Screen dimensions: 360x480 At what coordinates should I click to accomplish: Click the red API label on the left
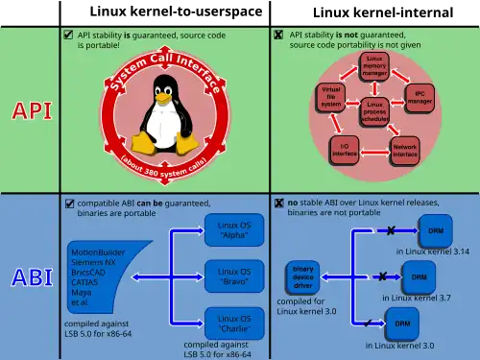coord(32,110)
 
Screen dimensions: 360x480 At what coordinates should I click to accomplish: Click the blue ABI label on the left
coord(32,277)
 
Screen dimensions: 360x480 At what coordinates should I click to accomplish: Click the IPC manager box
coord(419,96)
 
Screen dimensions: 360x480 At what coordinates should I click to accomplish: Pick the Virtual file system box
coord(329,96)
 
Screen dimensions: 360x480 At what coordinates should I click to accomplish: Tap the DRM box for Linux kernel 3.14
coord(435,231)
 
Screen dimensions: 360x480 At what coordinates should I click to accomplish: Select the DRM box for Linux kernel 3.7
coord(419,277)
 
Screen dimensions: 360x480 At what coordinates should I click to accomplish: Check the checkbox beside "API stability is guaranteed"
coord(67,35)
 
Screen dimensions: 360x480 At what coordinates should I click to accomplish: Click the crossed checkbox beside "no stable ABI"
coord(278,204)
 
